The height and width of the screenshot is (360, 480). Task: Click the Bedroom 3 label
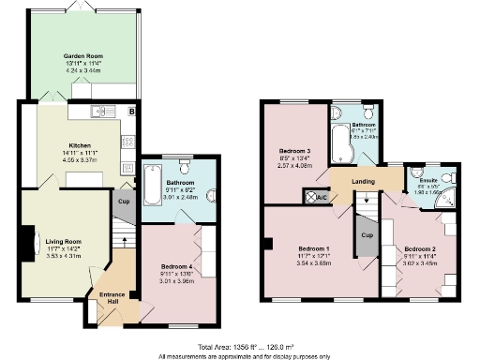(294, 151)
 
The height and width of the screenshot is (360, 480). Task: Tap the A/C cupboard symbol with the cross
(310, 196)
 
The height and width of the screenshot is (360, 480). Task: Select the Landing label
(365, 182)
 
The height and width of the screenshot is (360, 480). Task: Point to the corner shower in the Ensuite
(452, 197)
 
